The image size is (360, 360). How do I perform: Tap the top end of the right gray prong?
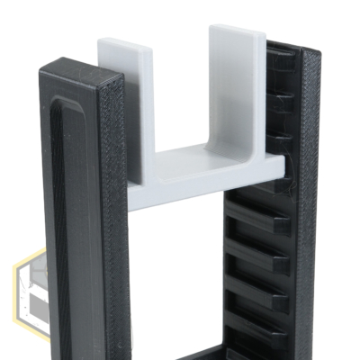pyautogui.click(x=237, y=31)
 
